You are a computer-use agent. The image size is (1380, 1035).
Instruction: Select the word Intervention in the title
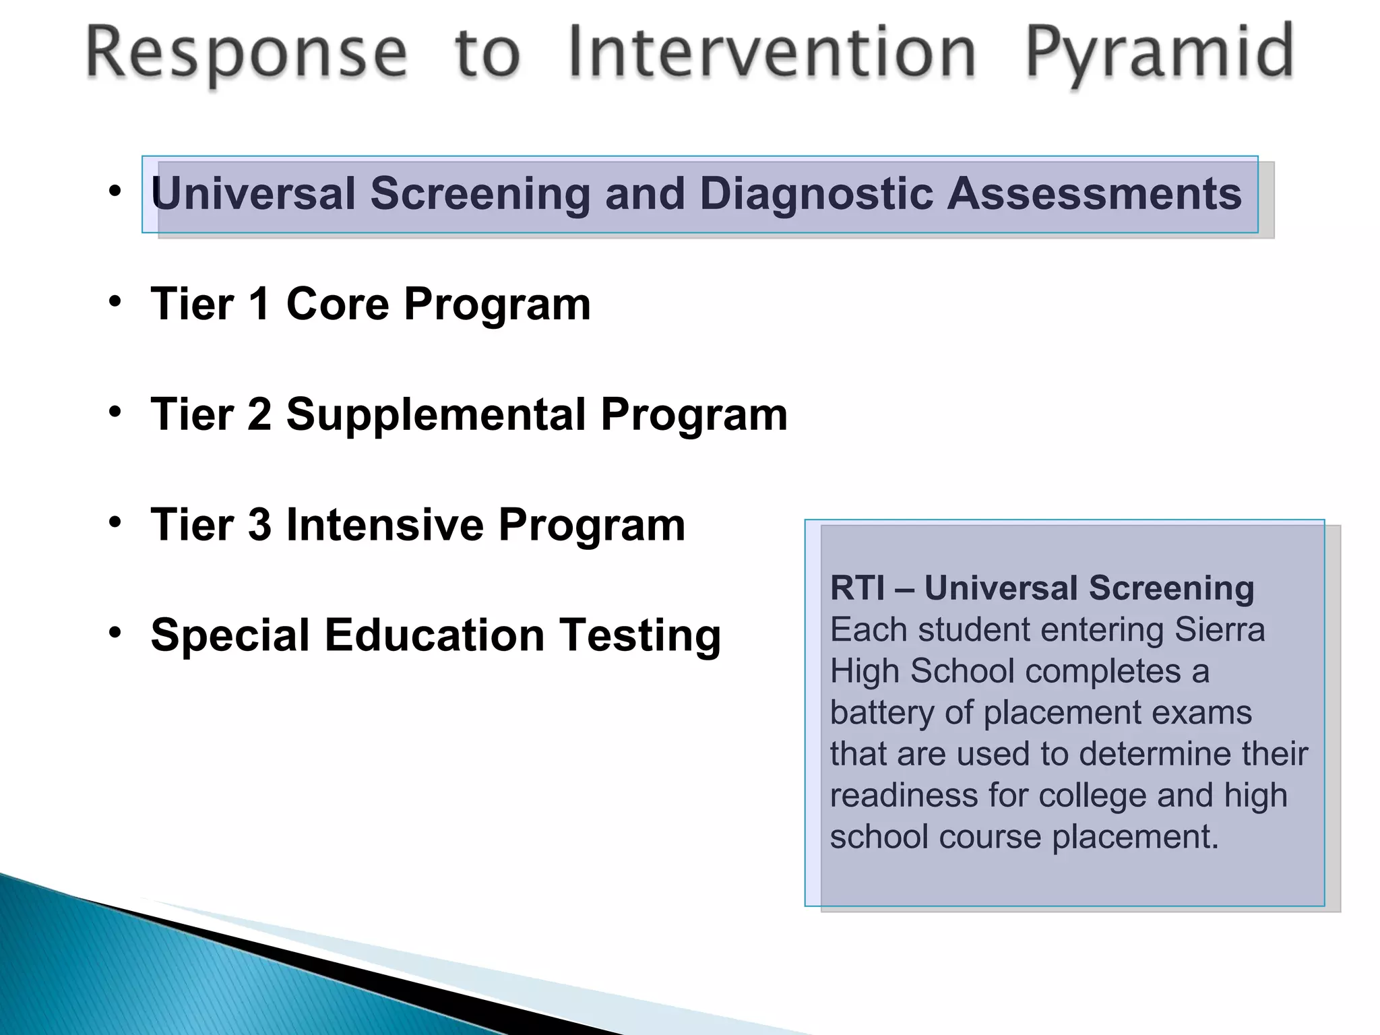click(x=772, y=53)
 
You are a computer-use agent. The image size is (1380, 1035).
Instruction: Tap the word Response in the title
click(x=247, y=54)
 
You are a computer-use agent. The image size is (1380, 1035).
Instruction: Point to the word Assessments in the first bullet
click(x=1094, y=194)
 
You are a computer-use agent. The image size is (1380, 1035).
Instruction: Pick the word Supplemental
click(x=436, y=415)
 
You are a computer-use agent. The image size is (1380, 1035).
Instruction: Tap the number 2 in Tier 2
click(x=259, y=414)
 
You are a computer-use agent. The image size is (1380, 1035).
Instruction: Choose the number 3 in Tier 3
click(x=259, y=525)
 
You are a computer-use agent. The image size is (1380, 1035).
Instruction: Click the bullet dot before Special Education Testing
click(x=115, y=632)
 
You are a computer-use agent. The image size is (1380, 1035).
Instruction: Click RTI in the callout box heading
click(x=857, y=588)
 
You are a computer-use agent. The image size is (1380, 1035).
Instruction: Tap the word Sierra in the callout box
click(x=1220, y=629)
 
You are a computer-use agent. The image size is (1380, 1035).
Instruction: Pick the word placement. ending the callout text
click(x=1135, y=838)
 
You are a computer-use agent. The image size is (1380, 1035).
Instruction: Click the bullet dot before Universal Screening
click(x=115, y=191)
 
